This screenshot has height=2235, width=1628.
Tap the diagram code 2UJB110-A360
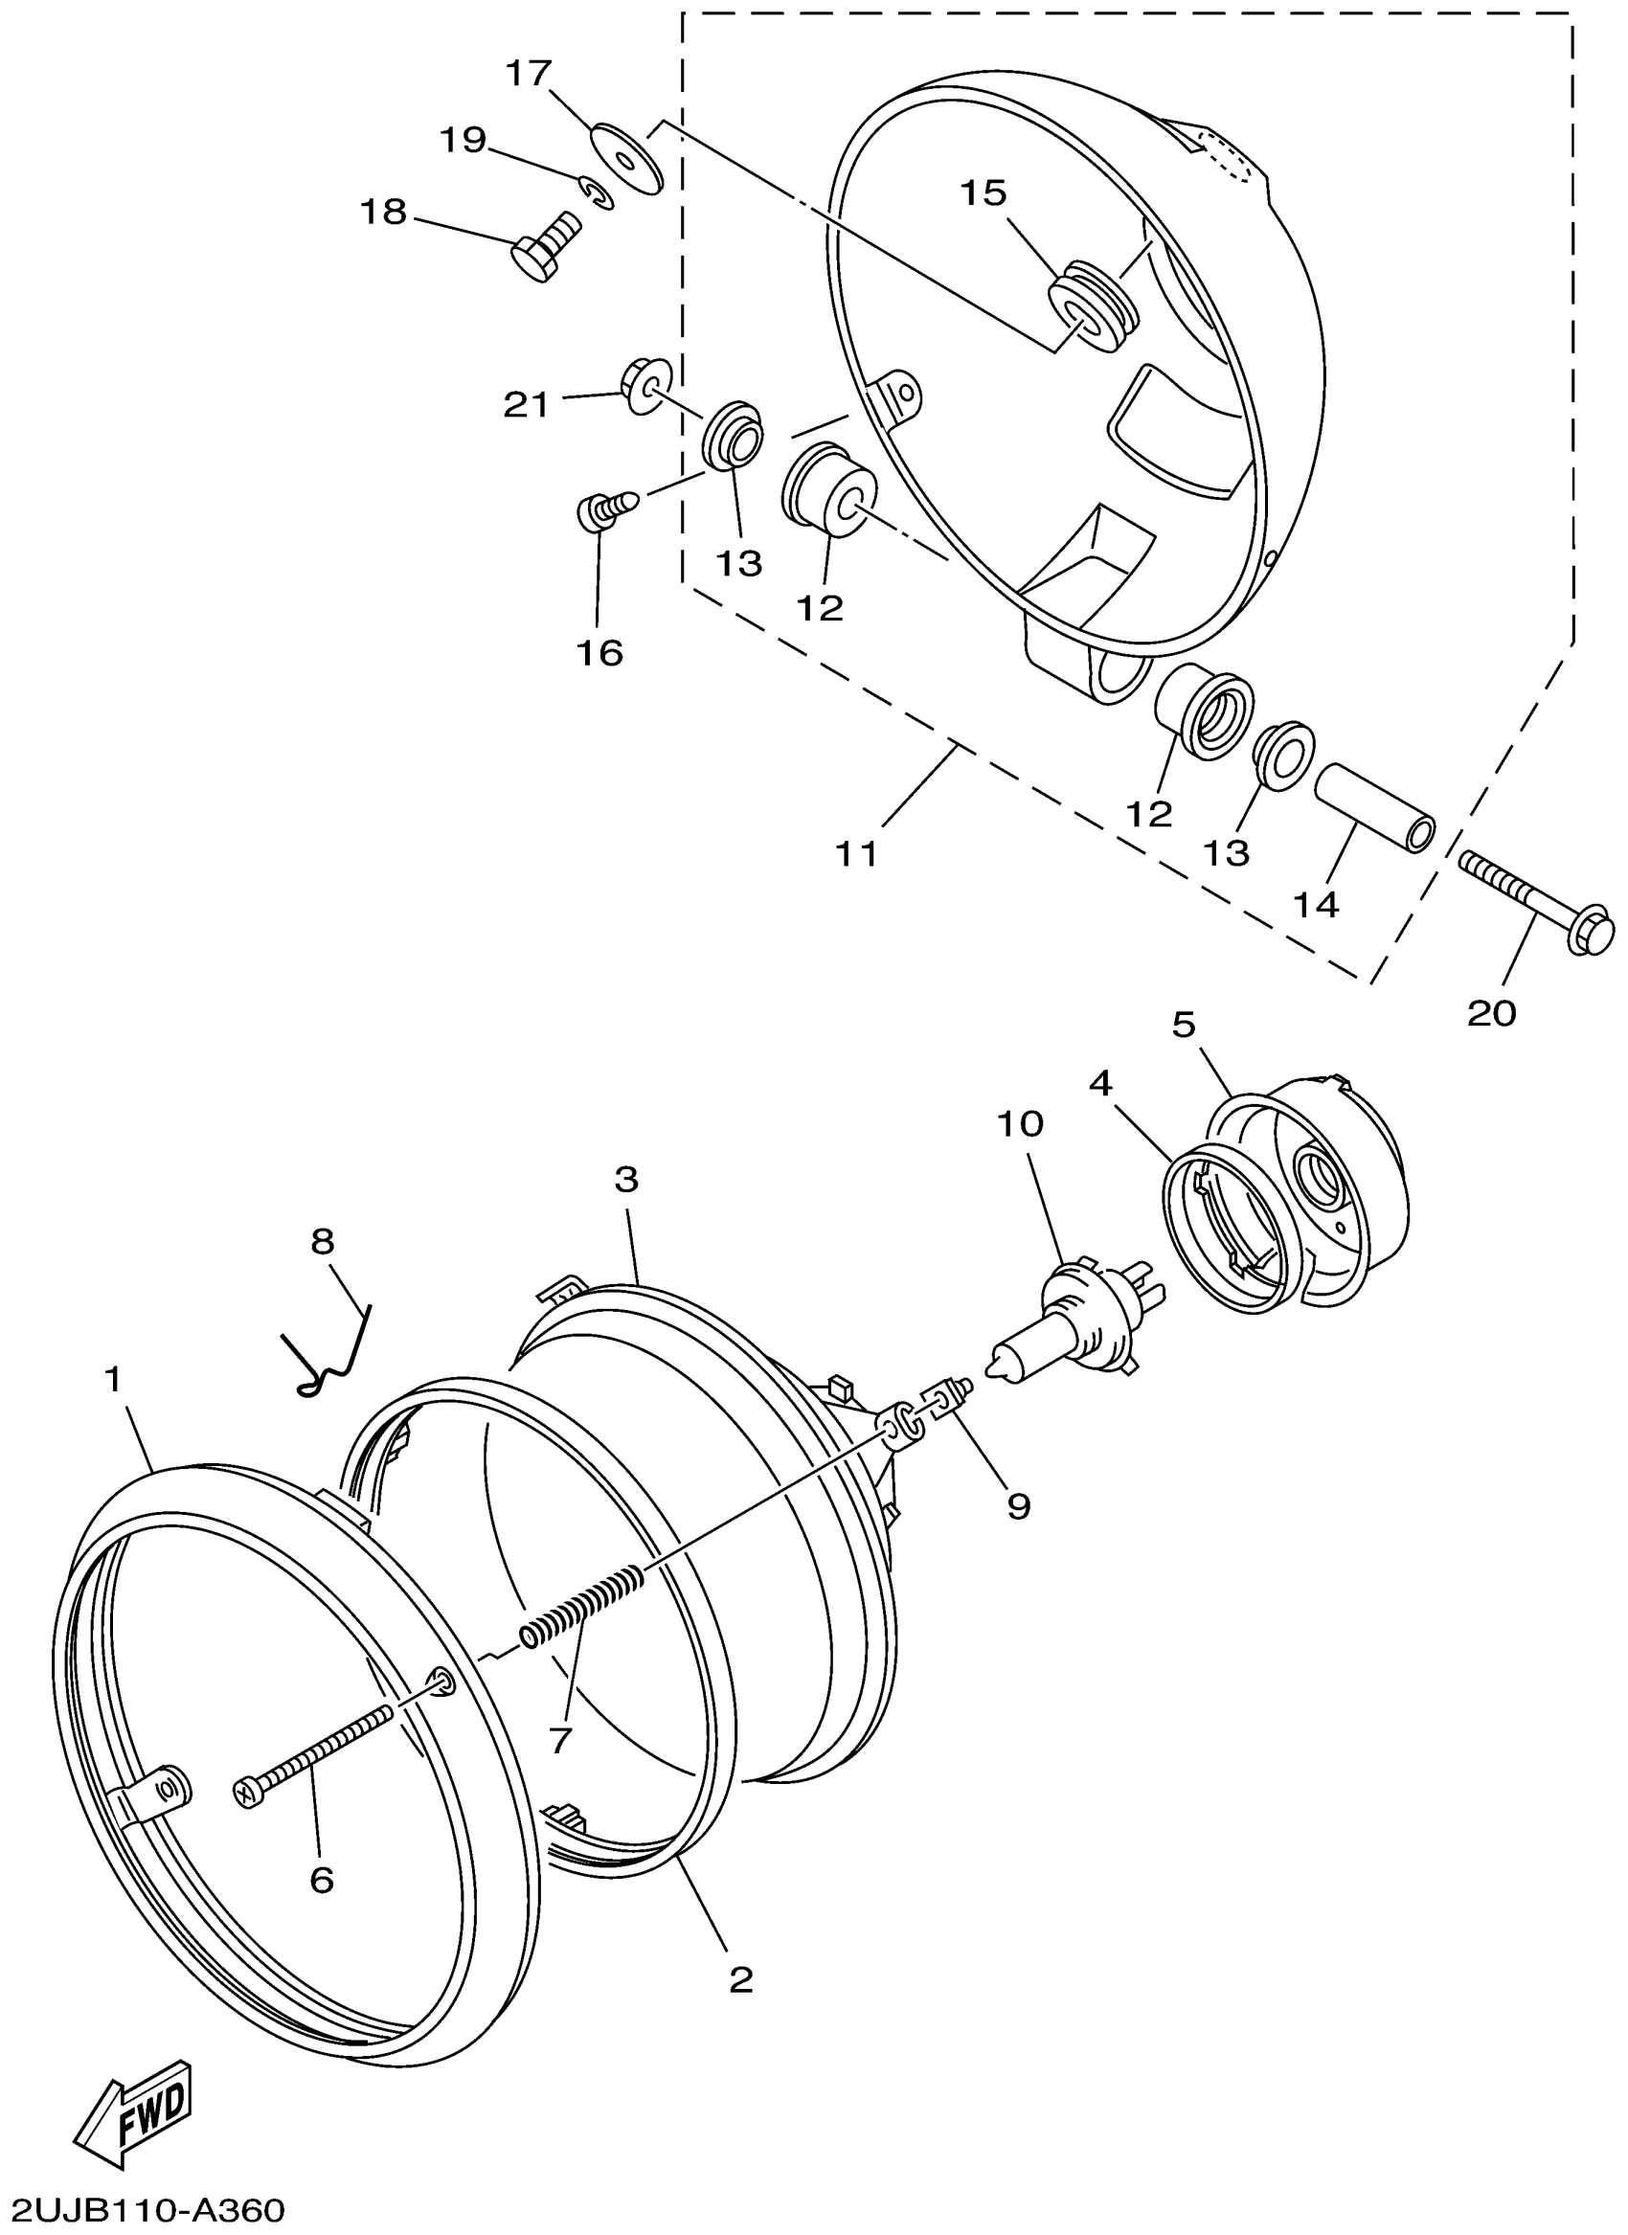point(144,2210)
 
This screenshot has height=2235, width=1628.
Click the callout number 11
point(856,853)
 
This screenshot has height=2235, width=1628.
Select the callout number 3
point(626,1179)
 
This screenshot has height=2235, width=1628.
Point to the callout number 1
point(114,1381)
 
